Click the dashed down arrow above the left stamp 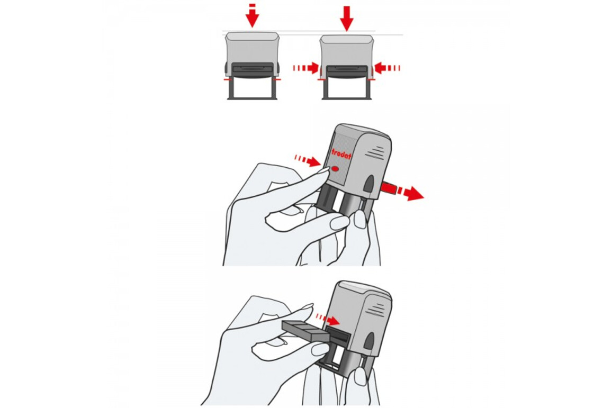(252, 15)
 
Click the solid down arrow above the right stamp (346, 18)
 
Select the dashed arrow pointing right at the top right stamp (307, 68)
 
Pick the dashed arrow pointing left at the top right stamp (387, 68)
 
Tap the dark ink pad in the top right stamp (347, 70)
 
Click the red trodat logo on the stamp (341, 153)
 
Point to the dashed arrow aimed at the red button (308, 160)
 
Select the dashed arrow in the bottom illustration (328, 319)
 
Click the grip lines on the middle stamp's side (375, 152)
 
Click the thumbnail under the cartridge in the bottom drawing (320, 349)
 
